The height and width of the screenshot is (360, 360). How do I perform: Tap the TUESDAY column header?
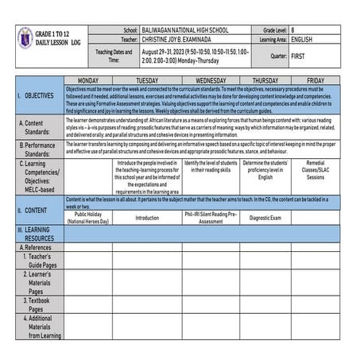point(146,80)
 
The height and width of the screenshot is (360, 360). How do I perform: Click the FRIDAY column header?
point(315,80)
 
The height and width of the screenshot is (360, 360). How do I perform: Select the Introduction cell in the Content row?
point(146,217)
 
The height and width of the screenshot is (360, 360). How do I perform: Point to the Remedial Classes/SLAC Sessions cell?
point(315,171)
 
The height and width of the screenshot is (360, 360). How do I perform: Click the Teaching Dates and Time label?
point(114,56)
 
